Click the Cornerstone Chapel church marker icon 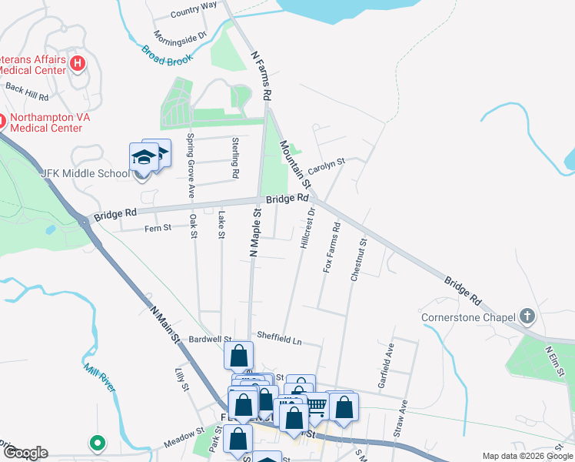coord(527,316)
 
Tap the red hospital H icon coord(77,62)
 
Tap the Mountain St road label coord(295,165)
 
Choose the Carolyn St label coord(327,166)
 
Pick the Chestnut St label coord(358,259)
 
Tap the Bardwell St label coord(210,339)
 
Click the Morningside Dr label coord(181,35)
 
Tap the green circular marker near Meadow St coord(97,443)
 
